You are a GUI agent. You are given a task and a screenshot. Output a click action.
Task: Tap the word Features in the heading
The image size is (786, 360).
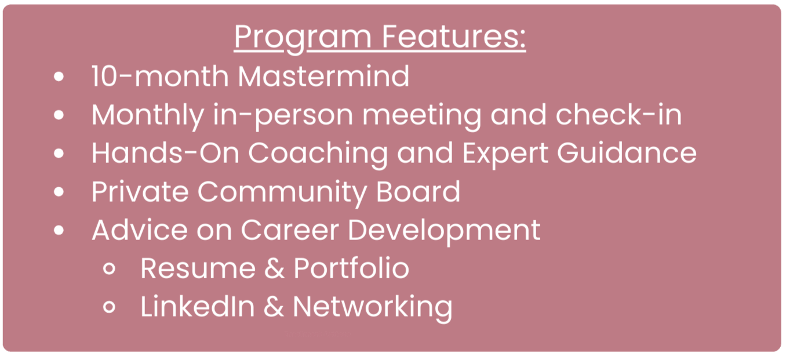(x=454, y=37)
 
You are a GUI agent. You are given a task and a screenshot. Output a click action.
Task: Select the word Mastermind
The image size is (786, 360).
(x=323, y=76)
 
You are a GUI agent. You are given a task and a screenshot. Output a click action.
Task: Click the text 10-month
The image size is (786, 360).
(x=160, y=76)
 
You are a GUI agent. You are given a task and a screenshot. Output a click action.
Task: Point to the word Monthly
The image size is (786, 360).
(x=148, y=116)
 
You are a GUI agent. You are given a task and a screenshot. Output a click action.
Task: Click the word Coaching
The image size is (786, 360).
(x=318, y=154)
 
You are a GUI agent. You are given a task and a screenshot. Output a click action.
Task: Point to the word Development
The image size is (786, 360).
(x=444, y=231)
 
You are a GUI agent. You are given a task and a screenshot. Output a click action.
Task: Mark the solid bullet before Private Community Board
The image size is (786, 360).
(x=59, y=191)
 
